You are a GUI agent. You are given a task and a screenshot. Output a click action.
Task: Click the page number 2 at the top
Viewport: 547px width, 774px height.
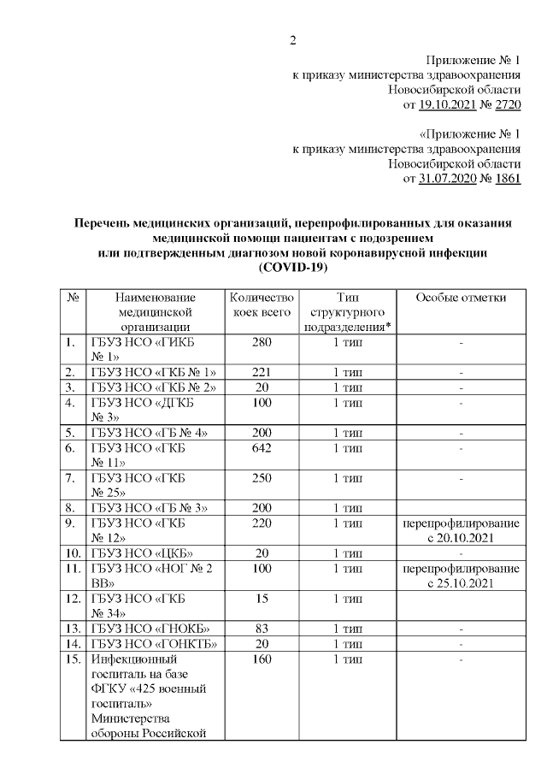coord(293,40)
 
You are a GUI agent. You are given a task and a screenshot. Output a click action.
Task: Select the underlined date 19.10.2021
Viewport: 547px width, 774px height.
coord(447,105)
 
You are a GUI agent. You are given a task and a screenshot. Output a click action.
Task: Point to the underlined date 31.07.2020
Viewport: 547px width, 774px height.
coord(447,180)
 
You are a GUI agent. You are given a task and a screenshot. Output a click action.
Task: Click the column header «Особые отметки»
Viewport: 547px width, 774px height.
coord(461,298)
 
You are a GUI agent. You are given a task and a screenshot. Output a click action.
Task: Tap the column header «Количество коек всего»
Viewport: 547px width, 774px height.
coord(262,304)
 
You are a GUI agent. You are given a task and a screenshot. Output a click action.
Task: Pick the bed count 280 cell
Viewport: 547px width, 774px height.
coord(262,343)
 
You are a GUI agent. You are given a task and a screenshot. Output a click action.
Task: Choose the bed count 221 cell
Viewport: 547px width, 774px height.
coord(262,372)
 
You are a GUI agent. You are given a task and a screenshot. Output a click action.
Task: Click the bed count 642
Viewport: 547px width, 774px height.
coord(262,447)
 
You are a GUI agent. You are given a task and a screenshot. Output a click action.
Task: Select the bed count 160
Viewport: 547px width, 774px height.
coord(262,660)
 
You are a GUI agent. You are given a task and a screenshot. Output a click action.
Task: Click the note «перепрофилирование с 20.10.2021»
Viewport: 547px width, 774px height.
coord(461,530)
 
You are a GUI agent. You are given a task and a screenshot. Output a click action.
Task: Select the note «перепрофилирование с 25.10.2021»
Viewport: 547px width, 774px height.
coord(461,576)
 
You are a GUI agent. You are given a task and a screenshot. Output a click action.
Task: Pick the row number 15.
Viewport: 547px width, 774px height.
coord(74,660)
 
